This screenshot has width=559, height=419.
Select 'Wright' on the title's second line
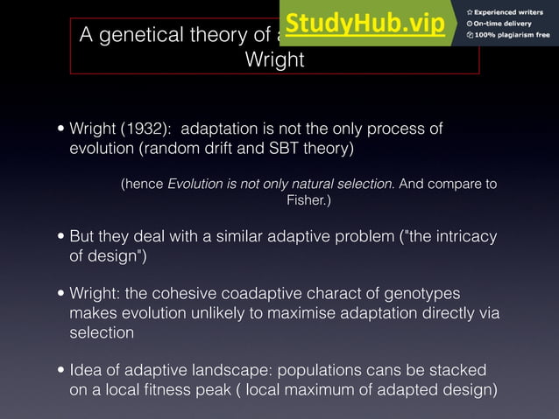274,60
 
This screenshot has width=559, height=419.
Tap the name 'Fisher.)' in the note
308,201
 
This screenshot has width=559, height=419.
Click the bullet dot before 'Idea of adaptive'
59,371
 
